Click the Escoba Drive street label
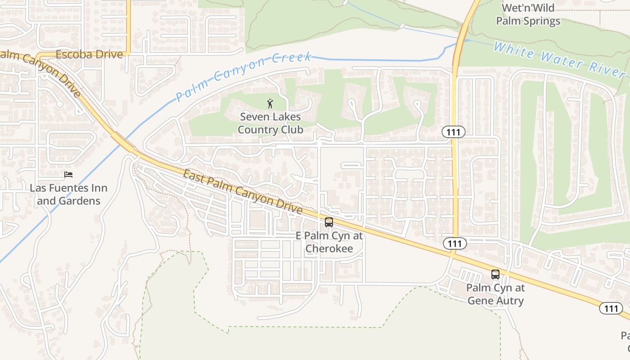pos(89,54)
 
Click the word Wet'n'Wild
pos(528,8)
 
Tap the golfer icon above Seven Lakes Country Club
pos(270,103)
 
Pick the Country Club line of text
pos(270,130)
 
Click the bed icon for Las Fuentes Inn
pos(68,175)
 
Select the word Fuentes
pos(69,188)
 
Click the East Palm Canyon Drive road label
pos(243,191)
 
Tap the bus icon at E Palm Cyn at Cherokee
pos(329,222)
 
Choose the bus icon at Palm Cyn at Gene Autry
pos(495,274)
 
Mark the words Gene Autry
pos(495,300)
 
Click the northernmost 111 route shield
pos(453,132)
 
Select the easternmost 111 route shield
pos(611,308)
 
